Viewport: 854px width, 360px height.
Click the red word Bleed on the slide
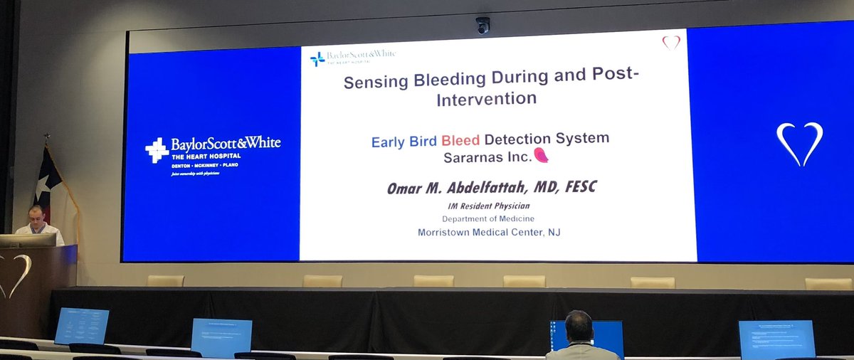point(460,139)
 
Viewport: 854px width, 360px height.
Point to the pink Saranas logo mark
point(542,155)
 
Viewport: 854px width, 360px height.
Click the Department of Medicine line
point(488,218)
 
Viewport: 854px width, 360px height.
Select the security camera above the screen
point(483,25)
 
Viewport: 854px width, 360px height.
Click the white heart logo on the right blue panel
point(801,142)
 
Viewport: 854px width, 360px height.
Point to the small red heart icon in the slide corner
point(671,42)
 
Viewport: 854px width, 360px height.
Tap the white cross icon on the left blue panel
point(157,149)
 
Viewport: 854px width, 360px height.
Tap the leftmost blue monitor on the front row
point(81,326)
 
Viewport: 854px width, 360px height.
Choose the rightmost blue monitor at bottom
point(776,339)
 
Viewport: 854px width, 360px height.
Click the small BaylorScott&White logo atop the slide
point(353,58)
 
